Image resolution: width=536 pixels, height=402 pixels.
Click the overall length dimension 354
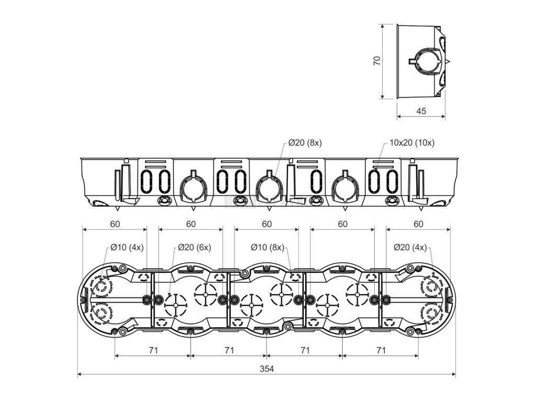[x=266, y=368]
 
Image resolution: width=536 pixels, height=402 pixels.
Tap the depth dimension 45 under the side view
[x=421, y=111]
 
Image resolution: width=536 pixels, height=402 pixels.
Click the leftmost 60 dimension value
[x=115, y=224]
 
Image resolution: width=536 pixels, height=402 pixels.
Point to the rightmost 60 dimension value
[x=418, y=224]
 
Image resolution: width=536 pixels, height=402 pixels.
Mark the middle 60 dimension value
[x=266, y=224]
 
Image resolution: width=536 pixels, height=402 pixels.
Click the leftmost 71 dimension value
[x=153, y=350]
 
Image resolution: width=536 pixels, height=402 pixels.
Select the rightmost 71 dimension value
[x=381, y=350]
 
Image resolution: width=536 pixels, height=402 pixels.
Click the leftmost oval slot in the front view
[x=147, y=181]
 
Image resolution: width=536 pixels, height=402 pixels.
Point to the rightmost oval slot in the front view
[x=391, y=181]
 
